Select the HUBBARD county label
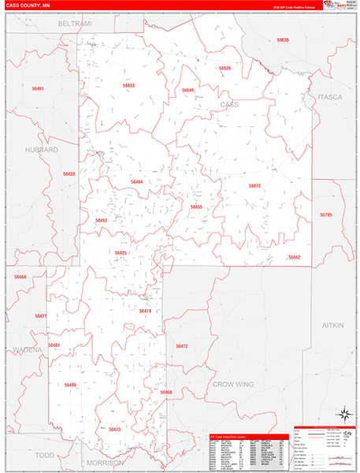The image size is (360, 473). [x=41, y=149]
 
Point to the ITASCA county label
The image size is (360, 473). [x=330, y=97]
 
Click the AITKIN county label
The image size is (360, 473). [x=333, y=325]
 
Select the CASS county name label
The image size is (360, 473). [x=228, y=104]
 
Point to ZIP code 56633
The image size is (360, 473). [x=128, y=85]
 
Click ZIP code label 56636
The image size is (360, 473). [x=283, y=39]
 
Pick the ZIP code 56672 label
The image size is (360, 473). [x=254, y=186]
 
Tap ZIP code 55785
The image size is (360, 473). [x=326, y=214]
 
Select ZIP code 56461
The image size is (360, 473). [x=37, y=89]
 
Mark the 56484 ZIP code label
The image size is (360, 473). [x=136, y=182]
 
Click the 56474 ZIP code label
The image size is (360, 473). [x=145, y=311]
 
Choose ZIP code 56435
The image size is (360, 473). [x=120, y=253]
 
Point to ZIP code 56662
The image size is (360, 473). [x=294, y=257]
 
